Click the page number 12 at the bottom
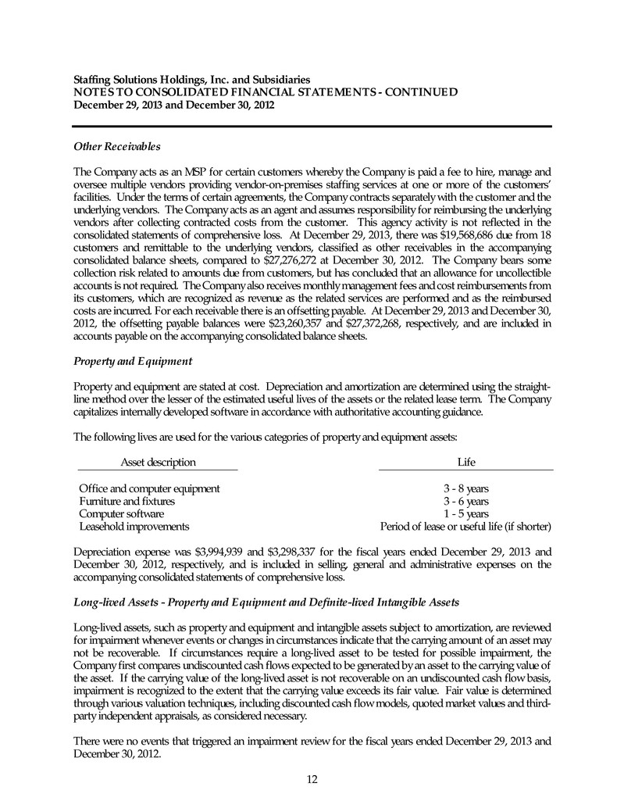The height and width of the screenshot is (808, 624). [x=312, y=778]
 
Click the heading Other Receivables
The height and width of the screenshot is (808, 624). [x=117, y=146]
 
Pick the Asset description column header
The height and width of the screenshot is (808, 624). [x=158, y=463]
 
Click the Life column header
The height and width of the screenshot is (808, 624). [x=466, y=463]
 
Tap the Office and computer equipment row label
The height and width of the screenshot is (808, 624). [x=149, y=488]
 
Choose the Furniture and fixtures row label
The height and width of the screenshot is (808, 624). [x=127, y=501]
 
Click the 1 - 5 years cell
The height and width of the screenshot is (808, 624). [x=466, y=513]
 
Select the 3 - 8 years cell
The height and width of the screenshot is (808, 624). [x=466, y=488]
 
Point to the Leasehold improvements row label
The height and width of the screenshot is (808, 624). [x=134, y=526]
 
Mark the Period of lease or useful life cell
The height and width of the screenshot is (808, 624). [x=466, y=526]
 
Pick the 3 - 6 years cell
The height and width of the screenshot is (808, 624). [x=466, y=501]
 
